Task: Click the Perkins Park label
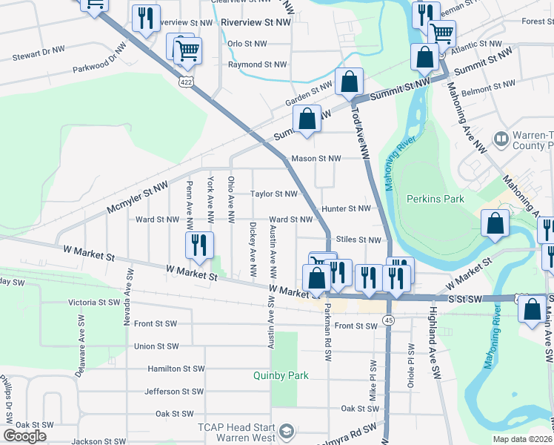coord(435,199)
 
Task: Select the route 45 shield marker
coord(388,319)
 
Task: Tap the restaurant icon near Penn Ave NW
coord(198,245)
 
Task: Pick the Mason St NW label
coord(316,158)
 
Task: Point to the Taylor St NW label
coord(273,194)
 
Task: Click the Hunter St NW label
coord(345,209)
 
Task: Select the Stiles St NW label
coord(358,240)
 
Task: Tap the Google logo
coord(24,436)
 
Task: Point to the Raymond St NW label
coord(257,65)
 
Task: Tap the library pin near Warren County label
coord(501,139)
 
